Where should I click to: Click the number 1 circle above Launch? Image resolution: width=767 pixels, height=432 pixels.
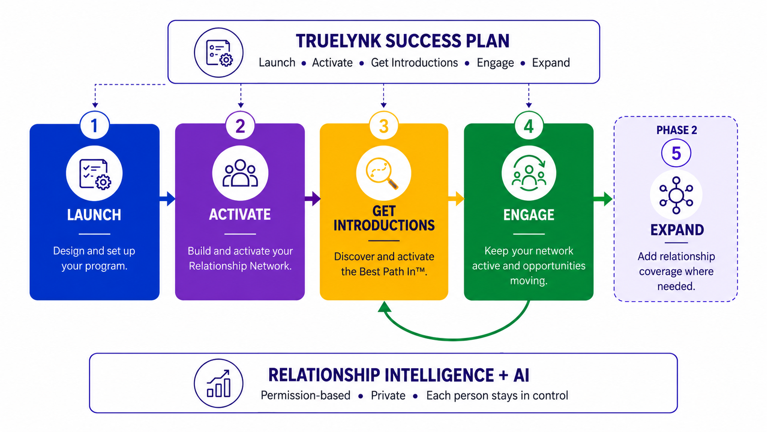tap(94, 125)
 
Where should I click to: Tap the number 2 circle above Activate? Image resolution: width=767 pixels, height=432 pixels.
tap(240, 125)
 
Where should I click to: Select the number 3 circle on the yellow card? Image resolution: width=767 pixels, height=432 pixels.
tap(384, 125)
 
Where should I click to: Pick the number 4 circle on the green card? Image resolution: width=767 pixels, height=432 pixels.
tap(528, 125)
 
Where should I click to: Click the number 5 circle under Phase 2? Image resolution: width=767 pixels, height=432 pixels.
tap(676, 153)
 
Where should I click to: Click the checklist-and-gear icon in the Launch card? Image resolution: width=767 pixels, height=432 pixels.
tap(94, 174)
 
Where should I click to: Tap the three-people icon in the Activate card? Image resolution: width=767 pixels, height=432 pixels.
tap(240, 174)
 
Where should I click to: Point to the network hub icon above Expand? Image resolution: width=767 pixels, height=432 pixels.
tap(676, 195)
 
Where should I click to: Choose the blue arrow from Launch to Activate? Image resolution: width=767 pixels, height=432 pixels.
tap(167, 199)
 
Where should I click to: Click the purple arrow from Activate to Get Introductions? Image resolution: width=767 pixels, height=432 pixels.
tap(312, 199)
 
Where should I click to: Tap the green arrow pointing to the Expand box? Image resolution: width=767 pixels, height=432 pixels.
tap(603, 199)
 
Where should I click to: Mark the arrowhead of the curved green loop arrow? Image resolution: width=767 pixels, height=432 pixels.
tap(385, 307)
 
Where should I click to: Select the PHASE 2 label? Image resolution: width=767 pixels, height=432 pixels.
tap(677, 130)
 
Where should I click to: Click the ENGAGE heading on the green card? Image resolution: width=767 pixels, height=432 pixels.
tap(528, 215)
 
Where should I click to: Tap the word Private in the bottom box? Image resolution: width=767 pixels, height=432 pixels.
tap(388, 395)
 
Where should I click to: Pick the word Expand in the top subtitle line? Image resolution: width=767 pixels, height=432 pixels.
tap(551, 63)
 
